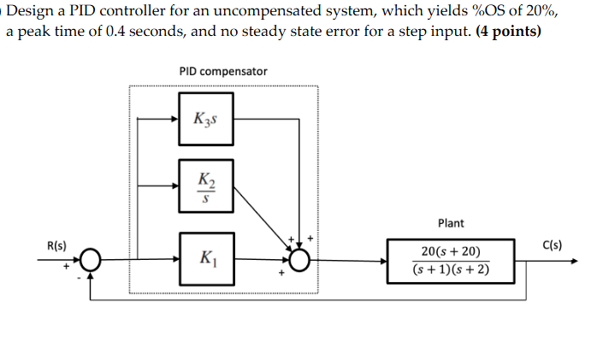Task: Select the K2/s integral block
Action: coord(206,185)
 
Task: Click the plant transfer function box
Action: coord(451,262)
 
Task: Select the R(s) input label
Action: coord(57,245)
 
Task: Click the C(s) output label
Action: coord(552,245)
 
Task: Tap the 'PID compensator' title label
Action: coord(223,72)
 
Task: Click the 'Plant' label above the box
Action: coord(451,223)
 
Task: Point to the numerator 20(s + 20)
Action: coord(451,251)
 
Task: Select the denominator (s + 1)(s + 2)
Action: coord(451,272)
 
